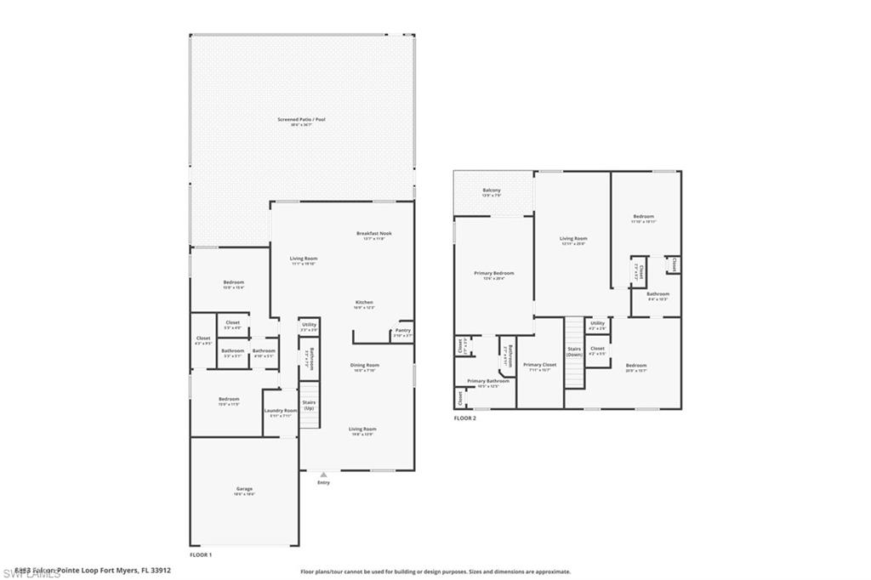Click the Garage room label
coord(245,489)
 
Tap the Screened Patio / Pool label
coord(301,120)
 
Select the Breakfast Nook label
coord(373,233)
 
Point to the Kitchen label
coord(364,302)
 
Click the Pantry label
coord(403,330)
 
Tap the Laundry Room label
coord(280,411)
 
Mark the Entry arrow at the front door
coord(322,475)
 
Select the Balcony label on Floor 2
coord(492,190)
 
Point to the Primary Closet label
coord(539,365)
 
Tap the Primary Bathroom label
coord(488,381)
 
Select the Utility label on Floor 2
coord(597,323)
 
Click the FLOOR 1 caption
coord(201,554)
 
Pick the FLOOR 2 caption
coord(465,418)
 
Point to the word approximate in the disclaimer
coord(550,571)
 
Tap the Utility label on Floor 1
coord(309,324)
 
